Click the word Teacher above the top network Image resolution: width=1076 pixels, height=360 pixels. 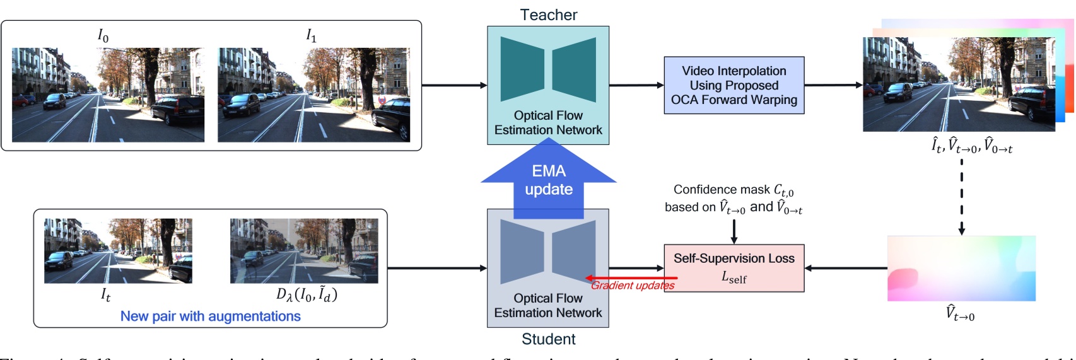(x=548, y=15)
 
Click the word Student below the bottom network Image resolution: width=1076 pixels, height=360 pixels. (x=548, y=339)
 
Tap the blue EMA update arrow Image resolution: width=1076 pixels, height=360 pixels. (x=549, y=180)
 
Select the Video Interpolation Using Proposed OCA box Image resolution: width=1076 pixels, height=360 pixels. (x=734, y=85)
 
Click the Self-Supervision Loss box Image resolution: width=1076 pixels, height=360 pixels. (x=734, y=268)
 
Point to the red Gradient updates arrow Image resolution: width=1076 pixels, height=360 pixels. (x=631, y=278)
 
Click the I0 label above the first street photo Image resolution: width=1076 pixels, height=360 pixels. (x=103, y=36)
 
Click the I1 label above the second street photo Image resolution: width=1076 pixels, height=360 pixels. (x=311, y=36)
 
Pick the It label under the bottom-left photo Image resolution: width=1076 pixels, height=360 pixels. (x=105, y=294)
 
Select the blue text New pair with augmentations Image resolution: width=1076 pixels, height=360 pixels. (x=210, y=316)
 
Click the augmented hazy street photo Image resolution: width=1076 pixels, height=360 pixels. (x=304, y=251)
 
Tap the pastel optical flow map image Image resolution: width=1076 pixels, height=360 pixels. (x=961, y=268)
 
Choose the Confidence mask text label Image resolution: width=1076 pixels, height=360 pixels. (x=733, y=190)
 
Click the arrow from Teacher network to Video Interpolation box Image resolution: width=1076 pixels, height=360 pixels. (x=636, y=85)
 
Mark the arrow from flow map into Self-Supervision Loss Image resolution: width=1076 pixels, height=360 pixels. (x=846, y=268)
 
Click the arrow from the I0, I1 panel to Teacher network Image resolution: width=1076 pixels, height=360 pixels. (x=454, y=85)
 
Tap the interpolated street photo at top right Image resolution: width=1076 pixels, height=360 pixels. (x=959, y=84)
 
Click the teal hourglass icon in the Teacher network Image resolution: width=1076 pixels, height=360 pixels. (x=548, y=69)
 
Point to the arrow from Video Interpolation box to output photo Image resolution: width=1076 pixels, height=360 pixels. (x=833, y=85)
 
